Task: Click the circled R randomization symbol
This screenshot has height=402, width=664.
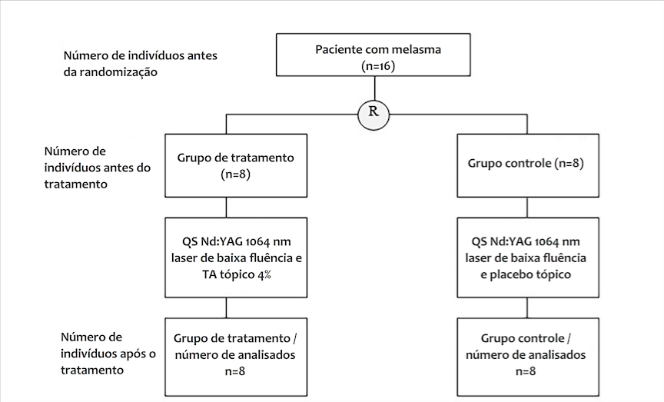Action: pyautogui.click(x=373, y=113)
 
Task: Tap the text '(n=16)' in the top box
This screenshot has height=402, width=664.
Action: pyautogui.click(x=378, y=67)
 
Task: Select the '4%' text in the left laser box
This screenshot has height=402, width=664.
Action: pyautogui.click(x=265, y=274)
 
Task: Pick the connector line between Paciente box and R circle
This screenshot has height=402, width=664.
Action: pyautogui.click(x=373, y=88)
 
